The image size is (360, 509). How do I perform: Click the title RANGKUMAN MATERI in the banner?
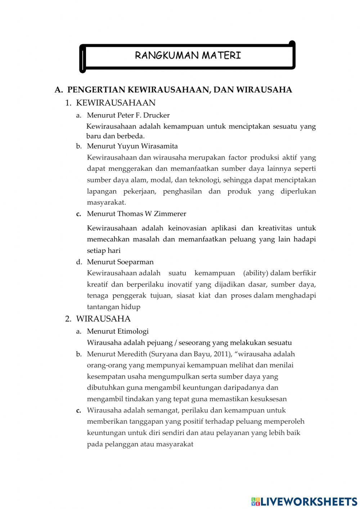[x=188, y=55]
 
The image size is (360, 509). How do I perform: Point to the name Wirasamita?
[x=159, y=146]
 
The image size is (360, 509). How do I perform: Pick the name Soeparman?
[x=135, y=262]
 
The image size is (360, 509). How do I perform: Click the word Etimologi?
[x=133, y=331]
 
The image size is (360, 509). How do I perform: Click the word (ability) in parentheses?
[x=256, y=273]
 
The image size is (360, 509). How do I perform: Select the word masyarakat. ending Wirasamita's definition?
[x=106, y=203]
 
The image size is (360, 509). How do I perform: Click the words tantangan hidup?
[x=113, y=307]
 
